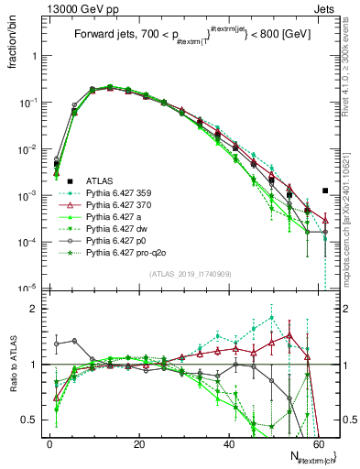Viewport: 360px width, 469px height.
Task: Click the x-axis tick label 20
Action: [x=138, y=442]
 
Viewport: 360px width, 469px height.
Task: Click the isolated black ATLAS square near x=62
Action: [x=325, y=191]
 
